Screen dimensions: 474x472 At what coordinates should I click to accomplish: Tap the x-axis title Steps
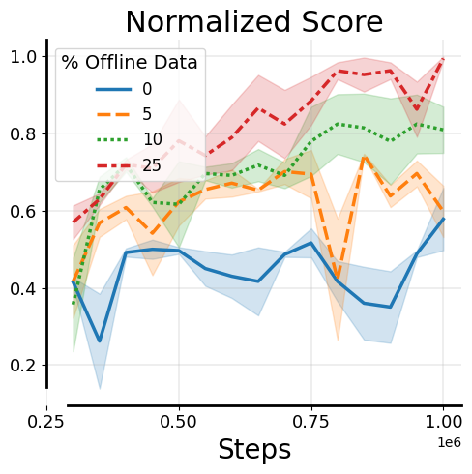pyautogui.click(x=254, y=450)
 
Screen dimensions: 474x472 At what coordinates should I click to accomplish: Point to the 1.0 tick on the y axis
pyautogui.click(x=23, y=56)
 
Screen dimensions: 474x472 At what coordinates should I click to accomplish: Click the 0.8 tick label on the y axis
pyautogui.click(x=23, y=133)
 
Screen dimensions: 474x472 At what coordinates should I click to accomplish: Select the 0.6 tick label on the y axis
pyautogui.click(x=23, y=211)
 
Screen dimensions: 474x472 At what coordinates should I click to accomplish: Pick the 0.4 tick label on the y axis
pyautogui.click(x=23, y=288)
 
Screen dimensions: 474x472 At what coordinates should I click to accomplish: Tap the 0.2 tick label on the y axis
pyautogui.click(x=23, y=366)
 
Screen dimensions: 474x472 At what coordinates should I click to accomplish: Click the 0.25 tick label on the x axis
pyautogui.click(x=46, y=423)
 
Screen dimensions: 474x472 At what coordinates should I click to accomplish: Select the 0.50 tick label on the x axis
pyautogui.click(x=179, y=423)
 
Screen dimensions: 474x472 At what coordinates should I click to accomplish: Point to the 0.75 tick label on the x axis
pyautogui.click(x=311, y=423)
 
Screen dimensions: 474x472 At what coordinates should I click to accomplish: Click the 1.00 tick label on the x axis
pyautogui.click(x=443, y=423)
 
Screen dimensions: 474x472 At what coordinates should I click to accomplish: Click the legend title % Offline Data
pyautogui.click(x=130, y=63)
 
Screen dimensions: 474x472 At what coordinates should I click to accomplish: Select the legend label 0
pyautogui.click(x=147, y=90)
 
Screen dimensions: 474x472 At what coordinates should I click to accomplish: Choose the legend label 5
pyautogui.click(x=147, y=114)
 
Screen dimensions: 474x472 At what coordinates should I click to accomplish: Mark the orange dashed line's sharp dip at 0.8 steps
pyautogui.click(x=338, y=281)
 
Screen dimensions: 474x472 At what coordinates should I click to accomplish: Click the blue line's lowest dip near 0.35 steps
pyautogui.click(x=100, y=341)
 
